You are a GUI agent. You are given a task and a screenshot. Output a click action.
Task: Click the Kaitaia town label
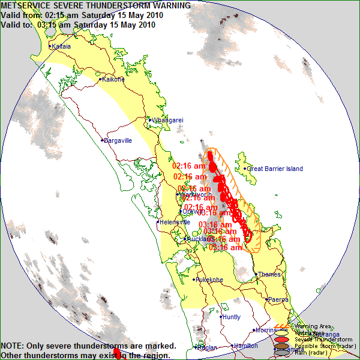click(x=61, y=46)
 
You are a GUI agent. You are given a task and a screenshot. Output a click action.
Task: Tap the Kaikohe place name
click(x=113, y=79)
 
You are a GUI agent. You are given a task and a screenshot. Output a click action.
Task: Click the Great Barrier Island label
click(x=275, y=169)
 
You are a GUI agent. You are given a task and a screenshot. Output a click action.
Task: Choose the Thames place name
click(x=269, y=275)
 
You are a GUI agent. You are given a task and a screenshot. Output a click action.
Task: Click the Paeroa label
click(x=278, y=299)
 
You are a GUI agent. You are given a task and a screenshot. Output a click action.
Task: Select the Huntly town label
click(x=231, y=317)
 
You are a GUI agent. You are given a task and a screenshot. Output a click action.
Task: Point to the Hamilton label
click(x=246, y=346)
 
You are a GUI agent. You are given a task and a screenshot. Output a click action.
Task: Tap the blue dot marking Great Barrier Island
click(x=245, y=169)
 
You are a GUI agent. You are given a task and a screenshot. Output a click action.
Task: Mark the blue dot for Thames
click(x=256, y=275)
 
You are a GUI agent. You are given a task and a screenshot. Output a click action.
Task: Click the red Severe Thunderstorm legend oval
click(x=280, y=339)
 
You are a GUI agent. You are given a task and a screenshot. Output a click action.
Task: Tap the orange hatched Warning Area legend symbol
click(x=280, y=327)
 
